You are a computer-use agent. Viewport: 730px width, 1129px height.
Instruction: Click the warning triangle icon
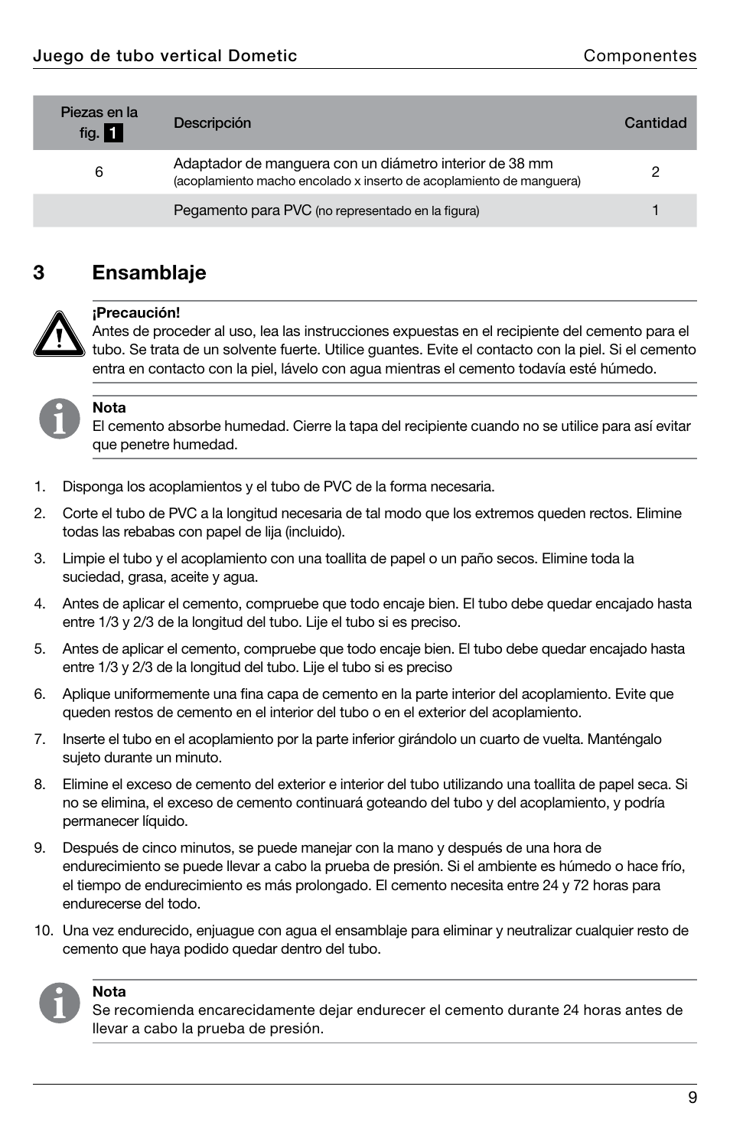click(x=59, y=334)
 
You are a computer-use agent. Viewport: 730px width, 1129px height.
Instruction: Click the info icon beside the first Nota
click(x=60, y=419)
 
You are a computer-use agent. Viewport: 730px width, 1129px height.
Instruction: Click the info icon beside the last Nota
click(x=60, y=1003)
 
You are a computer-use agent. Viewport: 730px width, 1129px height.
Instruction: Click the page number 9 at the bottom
click(x=692, y=1098)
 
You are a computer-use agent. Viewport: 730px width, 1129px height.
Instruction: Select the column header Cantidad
click(x=655, y=122)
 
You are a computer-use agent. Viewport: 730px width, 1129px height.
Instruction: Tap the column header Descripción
click(x=212, y=122)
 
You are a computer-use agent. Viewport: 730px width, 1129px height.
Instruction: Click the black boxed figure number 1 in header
click(x=113, y=133)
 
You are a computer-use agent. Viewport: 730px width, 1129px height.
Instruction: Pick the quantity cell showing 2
click(x=655, y=171)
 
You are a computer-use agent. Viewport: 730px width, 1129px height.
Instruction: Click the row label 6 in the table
click(x=99, y=171)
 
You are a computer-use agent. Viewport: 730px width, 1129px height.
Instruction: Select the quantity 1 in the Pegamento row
click(x=655, y=210)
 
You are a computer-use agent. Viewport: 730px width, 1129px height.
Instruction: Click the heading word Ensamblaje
click(x=149, y=272)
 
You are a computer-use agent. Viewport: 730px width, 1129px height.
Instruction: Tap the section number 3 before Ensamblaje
click(x=39, y=272)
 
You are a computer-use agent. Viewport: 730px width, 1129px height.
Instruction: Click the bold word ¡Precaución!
click(x=136, y=312)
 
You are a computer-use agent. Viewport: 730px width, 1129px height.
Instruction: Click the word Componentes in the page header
click(x=640, y=55)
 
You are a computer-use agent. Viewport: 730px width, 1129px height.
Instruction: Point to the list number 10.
click(x=43, y=930)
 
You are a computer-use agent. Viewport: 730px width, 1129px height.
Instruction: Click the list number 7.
click(x=40, y=739)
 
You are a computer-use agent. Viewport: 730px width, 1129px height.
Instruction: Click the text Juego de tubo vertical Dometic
click(x=165, y=55)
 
